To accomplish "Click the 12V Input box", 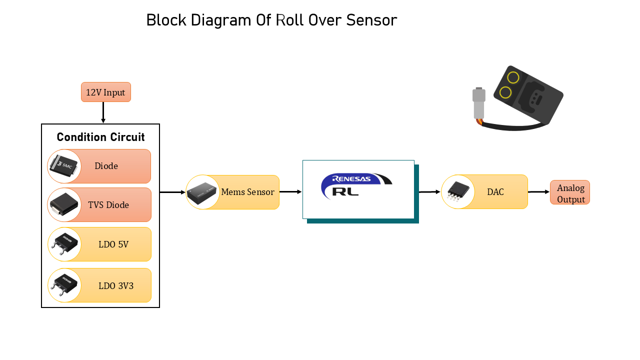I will tap(106, 92).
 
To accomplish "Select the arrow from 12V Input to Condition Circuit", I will tap(103, 112).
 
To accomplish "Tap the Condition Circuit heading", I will tap(100, 137).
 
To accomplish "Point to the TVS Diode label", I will tap(108, 205).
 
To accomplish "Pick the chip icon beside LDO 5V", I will tap(64, 244).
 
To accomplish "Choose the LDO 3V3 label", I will tap(116, 286).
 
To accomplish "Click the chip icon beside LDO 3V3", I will tap(64, 285).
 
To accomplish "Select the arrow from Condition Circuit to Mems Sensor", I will tap(172, 192).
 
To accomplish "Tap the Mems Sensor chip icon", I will tap(202, 192).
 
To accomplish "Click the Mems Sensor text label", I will tap(247, 192).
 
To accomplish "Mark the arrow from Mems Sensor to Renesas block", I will tap(290, 191).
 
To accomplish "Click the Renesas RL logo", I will tap(356, 185).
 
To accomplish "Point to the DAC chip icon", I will tap(457, 191).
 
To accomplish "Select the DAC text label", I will tap(495, 192).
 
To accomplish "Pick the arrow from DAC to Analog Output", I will tap(538, 192).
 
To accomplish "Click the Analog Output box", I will tap(570, 192).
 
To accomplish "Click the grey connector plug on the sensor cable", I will tap(479, 103).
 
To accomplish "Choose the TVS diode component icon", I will tap(64, 204).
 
